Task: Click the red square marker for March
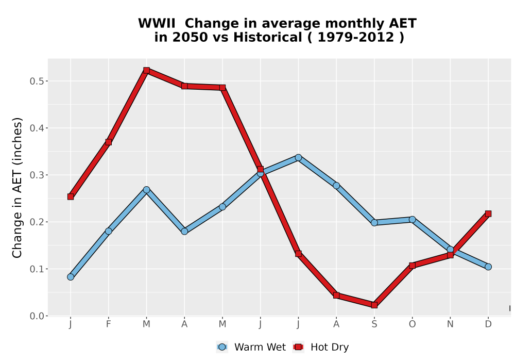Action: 146,70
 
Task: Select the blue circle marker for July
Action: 298,157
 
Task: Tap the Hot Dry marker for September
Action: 374,305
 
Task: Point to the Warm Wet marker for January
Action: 71,277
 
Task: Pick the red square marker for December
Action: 488,214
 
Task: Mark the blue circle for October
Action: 412,219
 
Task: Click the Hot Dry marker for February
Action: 108,142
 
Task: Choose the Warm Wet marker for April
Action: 184,231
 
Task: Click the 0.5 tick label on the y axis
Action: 37,81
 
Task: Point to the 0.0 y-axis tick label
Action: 37,316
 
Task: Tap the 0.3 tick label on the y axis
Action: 37,175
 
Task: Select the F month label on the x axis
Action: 108,324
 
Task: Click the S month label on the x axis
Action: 374,324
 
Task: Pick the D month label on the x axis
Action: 488,324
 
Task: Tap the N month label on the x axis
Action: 450,324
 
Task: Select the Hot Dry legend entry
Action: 320,347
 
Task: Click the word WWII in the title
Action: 157,24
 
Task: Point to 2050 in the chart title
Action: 190,37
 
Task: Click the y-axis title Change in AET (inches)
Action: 17,188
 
